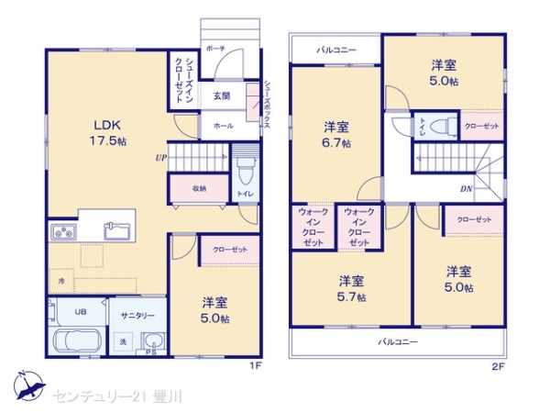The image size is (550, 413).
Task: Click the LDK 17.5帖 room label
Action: [108, 133]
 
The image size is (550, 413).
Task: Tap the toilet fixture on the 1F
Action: [246, 171]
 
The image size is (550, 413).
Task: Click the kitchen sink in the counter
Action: [117, 231]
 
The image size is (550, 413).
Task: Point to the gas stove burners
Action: [63, 232]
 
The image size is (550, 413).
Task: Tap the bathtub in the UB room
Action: [78, 341]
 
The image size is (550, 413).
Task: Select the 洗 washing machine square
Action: [123, 341]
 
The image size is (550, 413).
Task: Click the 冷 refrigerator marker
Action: [61, 281]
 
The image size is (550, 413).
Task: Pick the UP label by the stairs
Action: [161, 158]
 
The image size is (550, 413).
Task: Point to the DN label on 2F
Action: [467, 189]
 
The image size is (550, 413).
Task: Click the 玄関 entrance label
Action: [222, 95]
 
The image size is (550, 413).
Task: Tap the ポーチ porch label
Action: [215, 49]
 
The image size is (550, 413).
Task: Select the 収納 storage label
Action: [199, 188]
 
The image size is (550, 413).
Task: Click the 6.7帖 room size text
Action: [336, 143]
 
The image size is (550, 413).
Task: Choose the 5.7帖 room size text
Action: [351, 297]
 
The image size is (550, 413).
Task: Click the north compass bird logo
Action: [29, 385]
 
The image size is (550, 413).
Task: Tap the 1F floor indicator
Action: [256, 366]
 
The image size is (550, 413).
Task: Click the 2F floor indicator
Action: [498, 367]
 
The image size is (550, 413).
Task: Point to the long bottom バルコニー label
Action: [398, 341]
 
